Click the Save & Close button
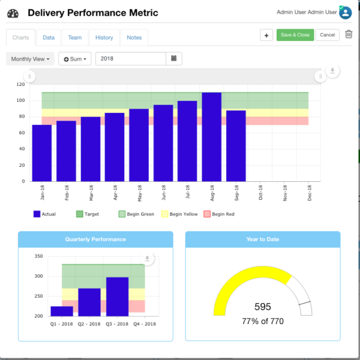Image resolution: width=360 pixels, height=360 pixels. point(295,35)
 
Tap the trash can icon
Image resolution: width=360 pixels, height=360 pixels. point(349,35)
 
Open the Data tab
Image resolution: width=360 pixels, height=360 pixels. point(49,37)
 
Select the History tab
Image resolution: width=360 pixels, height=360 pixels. point(104,37)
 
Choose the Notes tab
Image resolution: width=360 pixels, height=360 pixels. point(134,37)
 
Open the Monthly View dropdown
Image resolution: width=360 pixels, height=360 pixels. point(30,59)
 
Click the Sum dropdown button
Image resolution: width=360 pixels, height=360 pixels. point(75,59)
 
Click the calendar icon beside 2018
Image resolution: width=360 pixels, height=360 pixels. point(173,59)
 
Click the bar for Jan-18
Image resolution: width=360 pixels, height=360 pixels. point(42,153)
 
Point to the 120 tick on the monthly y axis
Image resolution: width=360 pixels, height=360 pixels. point(20,85)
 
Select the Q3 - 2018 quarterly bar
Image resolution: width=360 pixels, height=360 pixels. point(117,296)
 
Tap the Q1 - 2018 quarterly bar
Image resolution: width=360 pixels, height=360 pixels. point(62,311)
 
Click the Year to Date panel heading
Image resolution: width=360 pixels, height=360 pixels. point(263,239)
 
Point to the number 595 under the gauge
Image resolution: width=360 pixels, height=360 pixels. point(263,307)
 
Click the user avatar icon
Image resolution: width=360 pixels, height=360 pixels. point(345,13)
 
